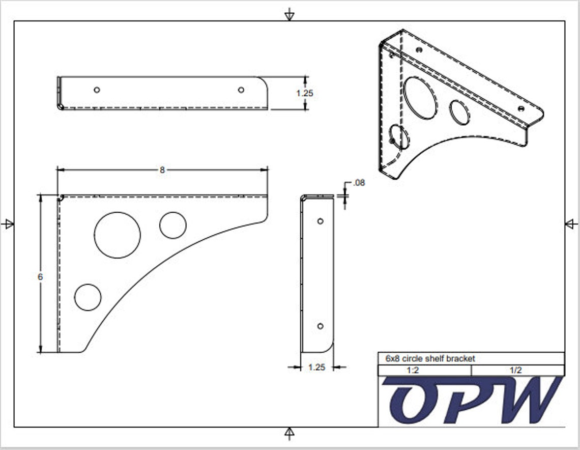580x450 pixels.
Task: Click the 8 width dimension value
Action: coord(162,170)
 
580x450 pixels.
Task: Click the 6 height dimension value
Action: coord(40,276)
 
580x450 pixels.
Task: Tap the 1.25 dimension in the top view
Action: coord(305,93)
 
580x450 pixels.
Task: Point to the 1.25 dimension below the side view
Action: coord(316,367)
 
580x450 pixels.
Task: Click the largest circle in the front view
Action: coord(117,235)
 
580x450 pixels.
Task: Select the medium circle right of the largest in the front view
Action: coord(172,225)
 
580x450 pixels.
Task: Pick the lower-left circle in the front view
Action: coord(88,297)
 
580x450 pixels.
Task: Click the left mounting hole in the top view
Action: coord(97,90)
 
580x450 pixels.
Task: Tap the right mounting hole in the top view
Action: coord(241,90)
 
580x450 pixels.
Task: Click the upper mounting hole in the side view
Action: coord(320,221)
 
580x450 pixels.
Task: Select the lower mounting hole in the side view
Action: coord(320,326)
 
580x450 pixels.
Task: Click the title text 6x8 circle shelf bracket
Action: coord(430,358)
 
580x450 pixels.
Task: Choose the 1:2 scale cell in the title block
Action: coord(413,371)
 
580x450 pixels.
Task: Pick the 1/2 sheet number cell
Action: coord(515,371)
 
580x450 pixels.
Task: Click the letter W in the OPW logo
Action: coord(527,401)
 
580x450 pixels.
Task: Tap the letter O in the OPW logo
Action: coord(415,402)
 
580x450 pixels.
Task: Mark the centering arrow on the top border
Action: coord(289,15)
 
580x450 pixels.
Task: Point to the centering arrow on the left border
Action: coord(8,224)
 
